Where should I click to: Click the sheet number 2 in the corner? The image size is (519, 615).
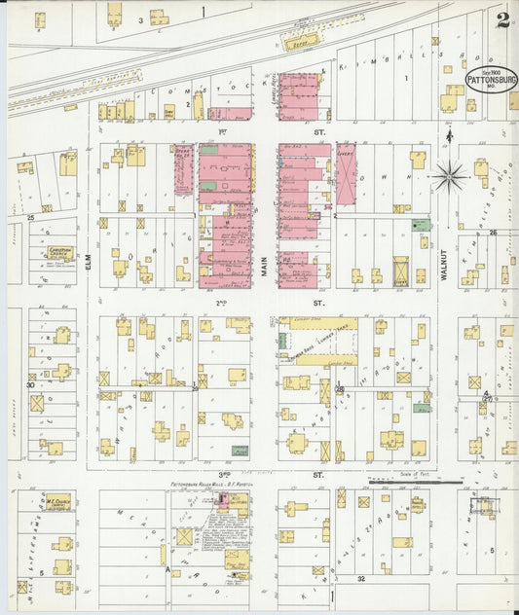[x=501, y=20]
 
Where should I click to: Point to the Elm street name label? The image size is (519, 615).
[x=89, y=256]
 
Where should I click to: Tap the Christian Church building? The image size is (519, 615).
[x=53, y=255]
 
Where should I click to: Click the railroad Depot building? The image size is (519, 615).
[x=293, y=42]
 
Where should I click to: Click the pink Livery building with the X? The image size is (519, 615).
[x=346, y=174]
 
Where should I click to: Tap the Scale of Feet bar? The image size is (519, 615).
[x=414, y=480]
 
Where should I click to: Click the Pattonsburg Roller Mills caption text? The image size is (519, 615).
[x=204, y=484]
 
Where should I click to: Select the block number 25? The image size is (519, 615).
[x=30, y=218]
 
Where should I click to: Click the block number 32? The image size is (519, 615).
[x=359, y=578]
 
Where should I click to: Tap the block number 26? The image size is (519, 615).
[x=493, y=232]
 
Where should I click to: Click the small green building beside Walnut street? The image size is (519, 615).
[x=420, y=225]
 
